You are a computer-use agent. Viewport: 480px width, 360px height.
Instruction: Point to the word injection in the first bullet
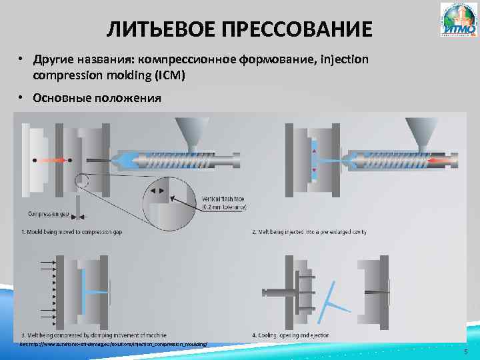click(339, 60)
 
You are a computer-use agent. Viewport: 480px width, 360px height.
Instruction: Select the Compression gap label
click(48, 214)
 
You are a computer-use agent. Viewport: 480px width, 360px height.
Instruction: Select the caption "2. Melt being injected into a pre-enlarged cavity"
click(309, 232)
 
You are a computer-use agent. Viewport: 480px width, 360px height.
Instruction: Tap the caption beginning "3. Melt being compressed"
click(93, 335)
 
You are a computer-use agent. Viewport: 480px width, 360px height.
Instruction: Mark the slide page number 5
click(465, 351)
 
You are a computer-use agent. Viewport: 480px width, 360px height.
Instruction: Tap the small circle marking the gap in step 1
click(82, 179)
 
